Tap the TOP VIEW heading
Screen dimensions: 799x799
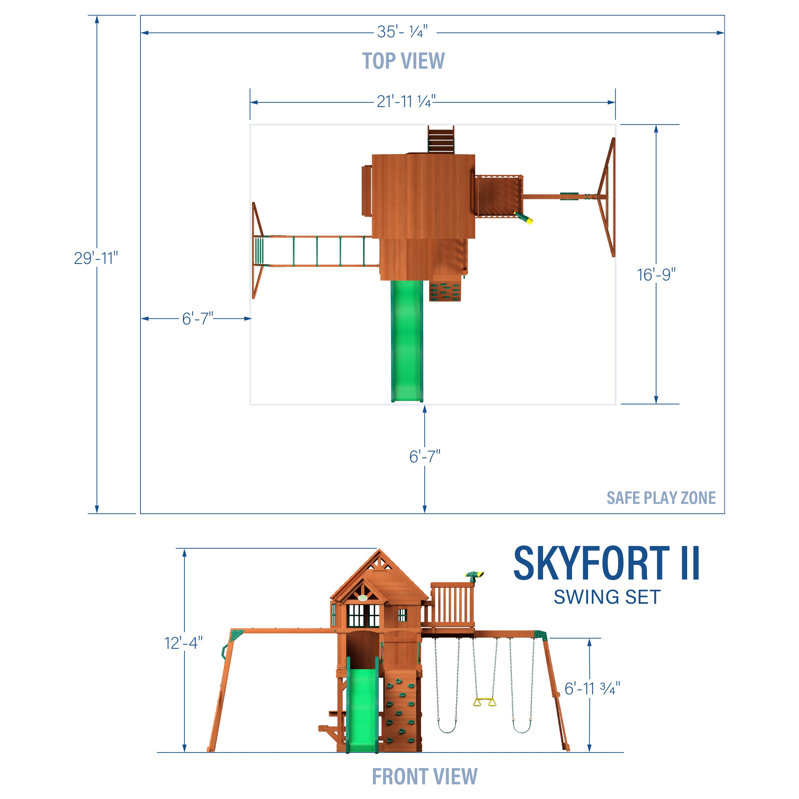(403, 61)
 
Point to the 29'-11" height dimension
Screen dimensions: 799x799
(96, 258)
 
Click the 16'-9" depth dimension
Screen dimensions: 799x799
(656, 275)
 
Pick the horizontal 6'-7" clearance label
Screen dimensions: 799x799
(198, 319)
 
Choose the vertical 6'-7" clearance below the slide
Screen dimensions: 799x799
(425, 456)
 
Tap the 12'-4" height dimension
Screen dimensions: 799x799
(184, 643)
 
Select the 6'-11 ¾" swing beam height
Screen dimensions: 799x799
(592, 688)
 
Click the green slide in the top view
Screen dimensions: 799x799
(407, 339)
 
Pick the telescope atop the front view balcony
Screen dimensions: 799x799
(474, 575)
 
